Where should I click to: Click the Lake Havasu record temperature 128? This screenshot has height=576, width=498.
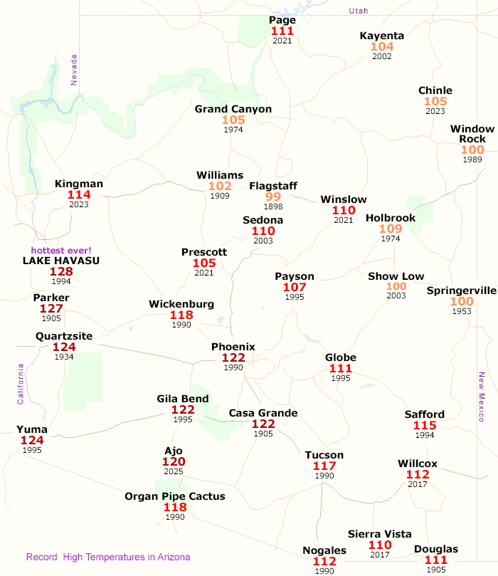click(x=61, y=271)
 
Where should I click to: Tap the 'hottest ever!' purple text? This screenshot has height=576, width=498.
click(x=61, y=250)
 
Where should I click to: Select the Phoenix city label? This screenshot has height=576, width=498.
click(x=233, y=347)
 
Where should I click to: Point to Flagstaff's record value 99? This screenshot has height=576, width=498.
click(x=273, y=197)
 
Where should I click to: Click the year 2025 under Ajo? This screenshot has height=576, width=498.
click(x=174, y=472)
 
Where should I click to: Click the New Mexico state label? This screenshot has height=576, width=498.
click(x=481, y=397)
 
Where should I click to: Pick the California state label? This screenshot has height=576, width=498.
click(x=21, y=384)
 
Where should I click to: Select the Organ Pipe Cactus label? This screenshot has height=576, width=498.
click(x=175, y=496)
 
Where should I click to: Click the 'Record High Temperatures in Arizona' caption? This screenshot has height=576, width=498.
click(x=108, y=557)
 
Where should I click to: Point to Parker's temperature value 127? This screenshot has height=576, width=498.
click(x=51, y=308)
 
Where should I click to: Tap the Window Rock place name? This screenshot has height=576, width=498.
click(x=467, y=133)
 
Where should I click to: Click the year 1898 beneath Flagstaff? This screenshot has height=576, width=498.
click(x=273, y=206)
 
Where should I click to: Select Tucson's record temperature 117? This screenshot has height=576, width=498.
click(x=324, y=466)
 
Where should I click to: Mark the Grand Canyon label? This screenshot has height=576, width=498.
click(x=233, y=109)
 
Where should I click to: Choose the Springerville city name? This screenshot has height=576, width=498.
click(x=461, y=290)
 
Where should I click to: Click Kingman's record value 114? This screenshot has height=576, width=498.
click(x=79, y=194)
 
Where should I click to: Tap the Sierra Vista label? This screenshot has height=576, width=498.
click(x=380, y=533)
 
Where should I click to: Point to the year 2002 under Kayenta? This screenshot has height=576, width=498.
click(x=382, y=56)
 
